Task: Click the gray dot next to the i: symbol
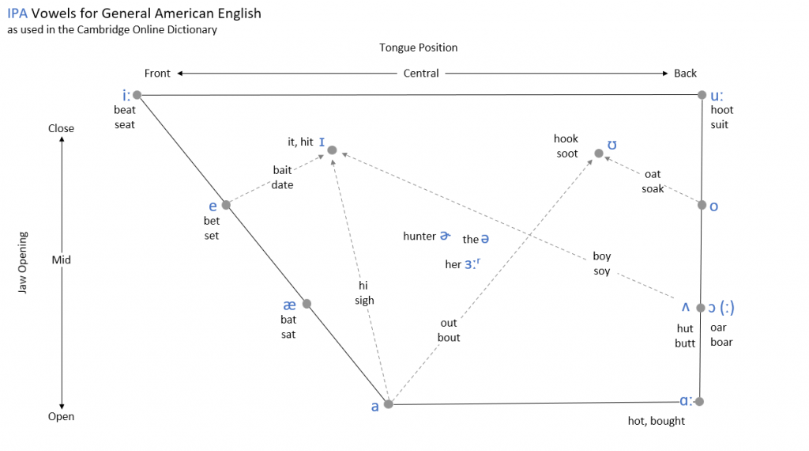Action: pyautogui.click(x=137, y=95)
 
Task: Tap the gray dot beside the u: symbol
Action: pyautogui.click(x=702, y=95)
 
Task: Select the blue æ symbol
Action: pyautogui.click(x=289, y=305)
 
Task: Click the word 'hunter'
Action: pyautogui.click(x=420, y=236)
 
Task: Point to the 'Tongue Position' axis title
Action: pyautogui.click(x=419, y=47)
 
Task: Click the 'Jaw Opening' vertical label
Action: pyautogui.click(x=22, y=263)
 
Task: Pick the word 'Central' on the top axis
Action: pyautogui.click(x=421, y=74)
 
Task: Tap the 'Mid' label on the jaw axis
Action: pyautogui.click(x=61, y=260)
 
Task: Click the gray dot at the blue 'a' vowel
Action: pyautogui.click(x=389, y=404)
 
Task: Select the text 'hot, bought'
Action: pyautogui.click(x=657, y=421)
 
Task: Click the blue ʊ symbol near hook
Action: pyautogui.click(x=612, y=145)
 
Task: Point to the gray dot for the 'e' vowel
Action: pyautogui.click(x=226, y=205)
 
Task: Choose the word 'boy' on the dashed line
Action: pyautogui.click(x=601, y=256)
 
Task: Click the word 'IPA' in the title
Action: pyautogui.click(x=17, y=13)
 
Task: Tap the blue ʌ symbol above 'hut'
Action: pyautogui.click(x=686, y=307)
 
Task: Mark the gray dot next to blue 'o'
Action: pyautogui.click(x=702, y=205)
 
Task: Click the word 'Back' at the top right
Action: pyautogui.click(x=685, y=74)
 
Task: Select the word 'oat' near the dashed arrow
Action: pyautogui.click(x=653, y=174)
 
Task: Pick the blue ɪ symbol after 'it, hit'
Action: pyautogui.click(x=322, y=142)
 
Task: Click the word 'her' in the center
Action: pyautogui.click(x=453, y=264)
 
